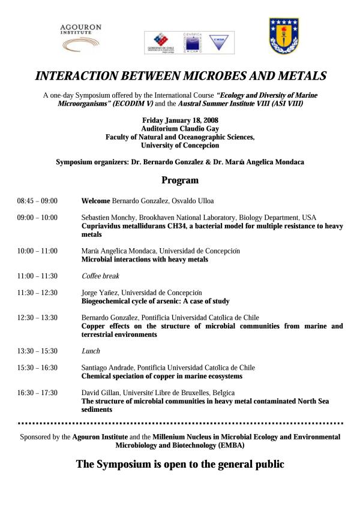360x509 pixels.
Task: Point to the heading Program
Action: tap(180, 180)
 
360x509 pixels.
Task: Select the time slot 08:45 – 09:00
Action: tap(37, 201)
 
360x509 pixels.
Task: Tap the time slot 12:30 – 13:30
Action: tap(37, 318)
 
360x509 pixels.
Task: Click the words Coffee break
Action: tap(100, 276)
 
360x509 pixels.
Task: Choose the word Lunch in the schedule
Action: tap(90, 351)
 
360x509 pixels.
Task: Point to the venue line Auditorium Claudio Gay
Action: tap(180, 128)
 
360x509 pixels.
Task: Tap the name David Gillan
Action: tap(99, 393)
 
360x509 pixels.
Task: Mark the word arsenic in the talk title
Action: tap(158, 301)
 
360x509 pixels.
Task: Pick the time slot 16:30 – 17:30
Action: tap(37, 393)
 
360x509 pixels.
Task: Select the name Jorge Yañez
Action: tap(98, 293)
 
